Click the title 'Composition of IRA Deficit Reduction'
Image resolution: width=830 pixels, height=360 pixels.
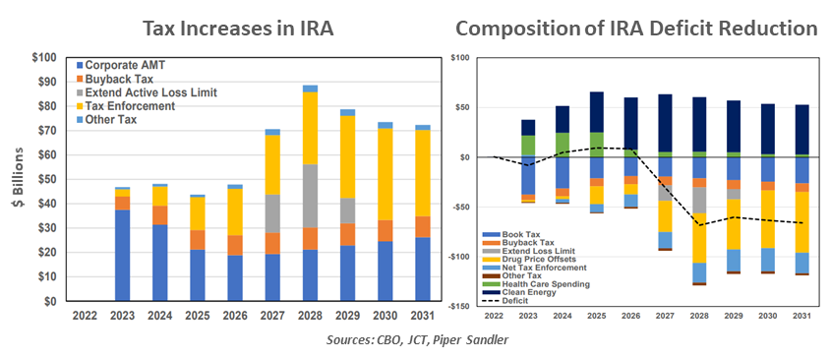[636, 28]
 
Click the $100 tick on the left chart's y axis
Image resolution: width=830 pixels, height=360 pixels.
[41, 57]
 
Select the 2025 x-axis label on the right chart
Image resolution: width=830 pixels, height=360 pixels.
[597, 317]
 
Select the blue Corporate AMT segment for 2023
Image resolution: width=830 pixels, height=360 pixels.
[122, 255]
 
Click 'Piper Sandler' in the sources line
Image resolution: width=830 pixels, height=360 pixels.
[479, 340]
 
